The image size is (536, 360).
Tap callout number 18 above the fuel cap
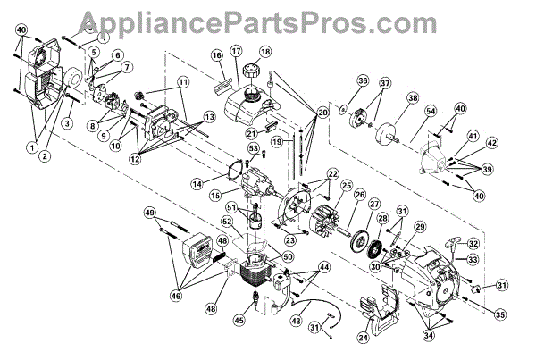[264, 52]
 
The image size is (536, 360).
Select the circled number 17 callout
[236, 52]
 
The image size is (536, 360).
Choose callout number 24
[363, 338]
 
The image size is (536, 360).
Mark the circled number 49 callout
[150, 213]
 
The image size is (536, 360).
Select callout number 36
[338, 83]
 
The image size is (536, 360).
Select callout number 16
[215, 56]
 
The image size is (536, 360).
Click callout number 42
[492, 141]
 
